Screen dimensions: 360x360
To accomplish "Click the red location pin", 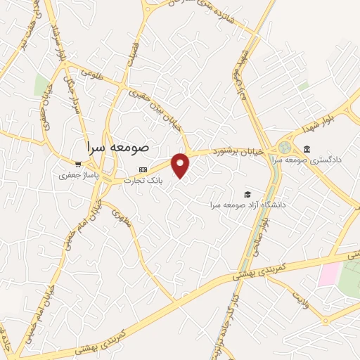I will (x=181, y=165).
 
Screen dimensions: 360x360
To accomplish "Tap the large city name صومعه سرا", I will (x=117, y=148).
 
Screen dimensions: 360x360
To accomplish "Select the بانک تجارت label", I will (x=143, y=181).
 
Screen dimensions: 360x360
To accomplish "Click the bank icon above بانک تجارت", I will (x=143, y=169).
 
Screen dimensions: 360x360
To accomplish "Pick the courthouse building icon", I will (x=307, y=148).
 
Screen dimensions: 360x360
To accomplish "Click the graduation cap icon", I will (x=247, y=194).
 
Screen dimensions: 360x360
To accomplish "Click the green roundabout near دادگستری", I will (x=285, y=148).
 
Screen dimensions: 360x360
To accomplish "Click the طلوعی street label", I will (x=91, y=72).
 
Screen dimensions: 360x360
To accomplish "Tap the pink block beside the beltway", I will (x=328, y=274).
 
